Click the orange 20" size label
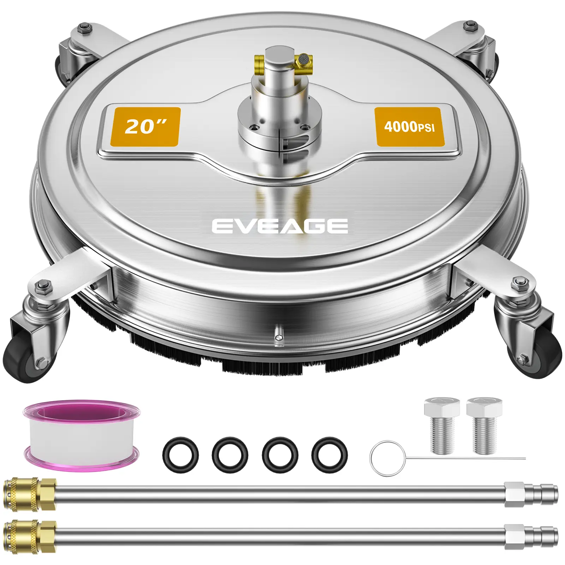click(145, 126)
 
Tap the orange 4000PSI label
click(409, 126)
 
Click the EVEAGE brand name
click(280, 226)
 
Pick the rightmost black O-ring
click(329, 454)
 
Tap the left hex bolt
click(442, 425)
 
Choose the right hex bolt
click(484, 425)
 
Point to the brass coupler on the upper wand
click(30, 494)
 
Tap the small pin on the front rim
click(278, 333)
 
